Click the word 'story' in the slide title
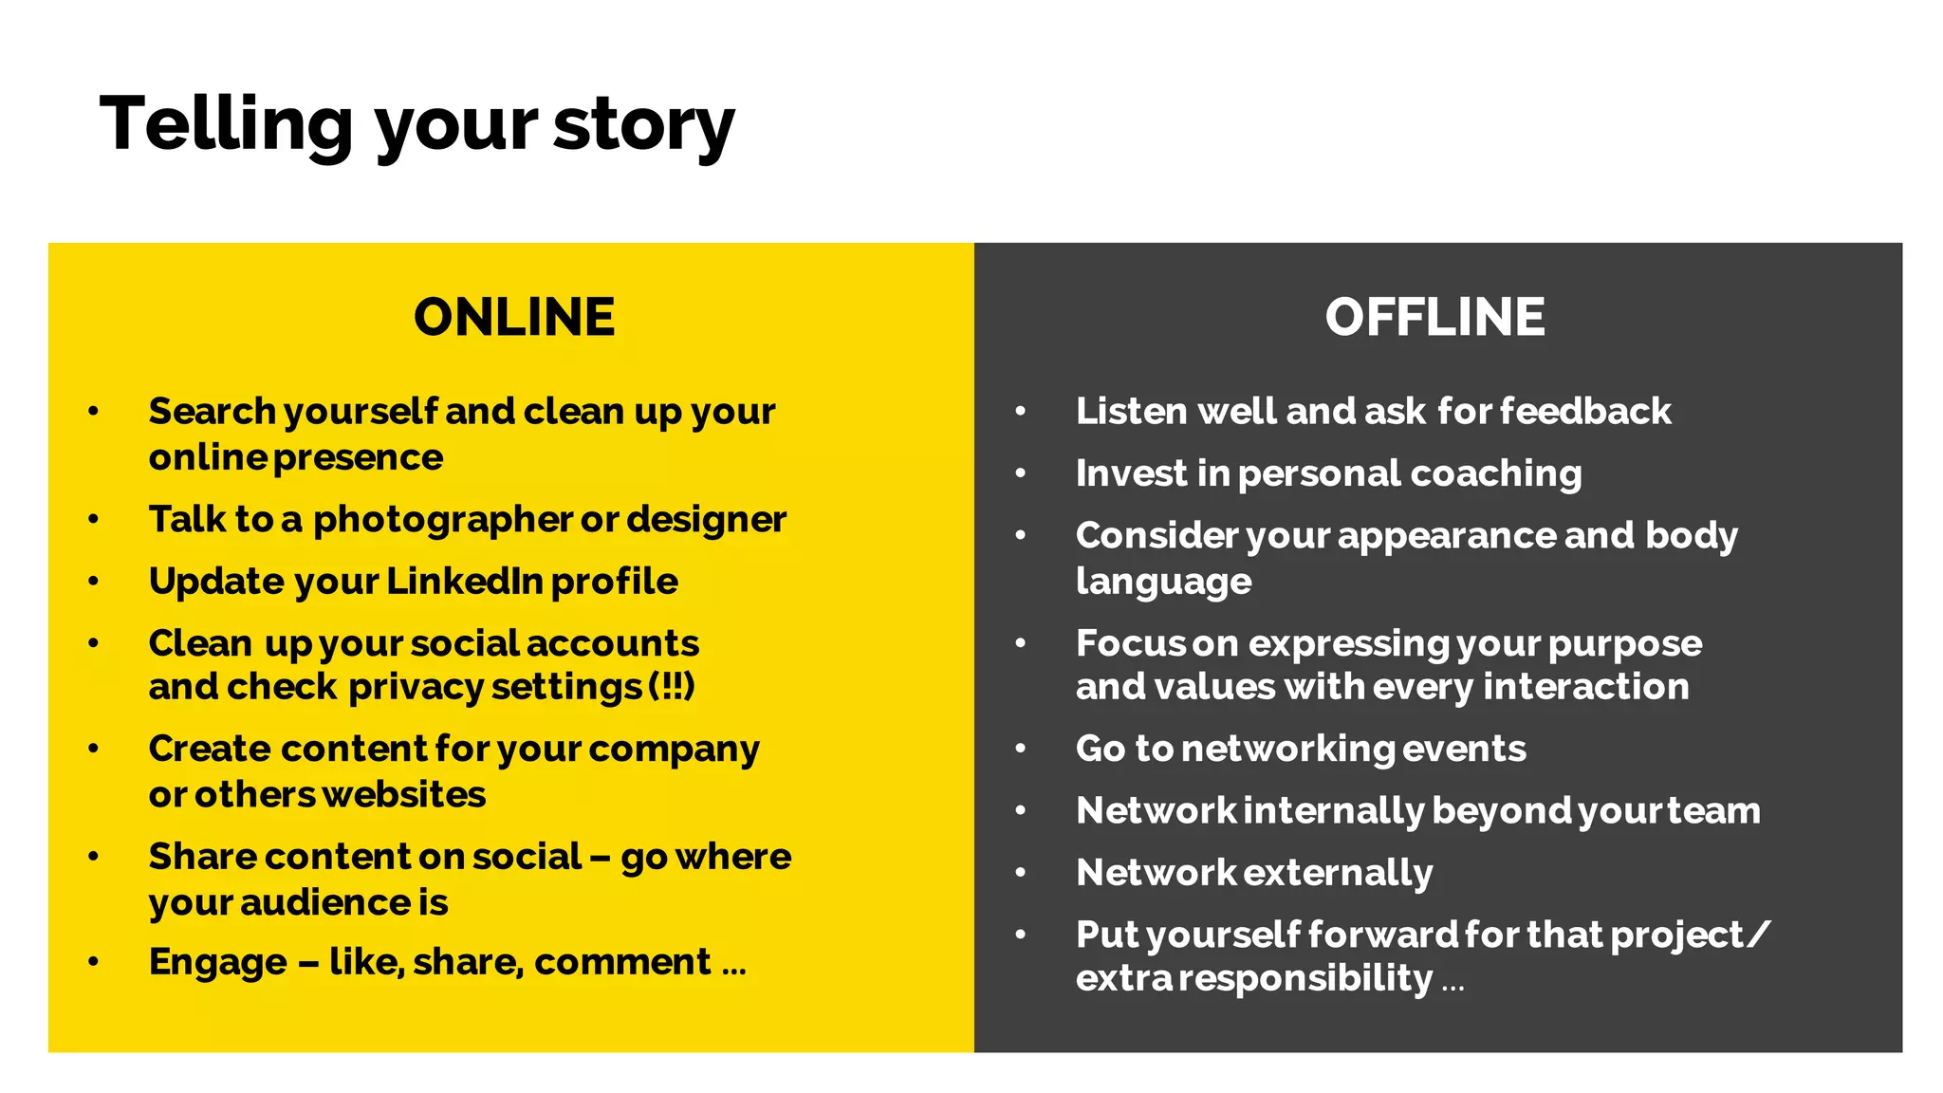[643, 125]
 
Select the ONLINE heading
[514, 317]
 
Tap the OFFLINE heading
[1434, 317]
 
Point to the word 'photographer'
[442, 520]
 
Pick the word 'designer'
[706, 520]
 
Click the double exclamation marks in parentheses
[672, 686]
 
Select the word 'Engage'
[217, 962]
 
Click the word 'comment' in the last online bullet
[622, 962]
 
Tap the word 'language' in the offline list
[1163, 581]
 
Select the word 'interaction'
[1585, 686]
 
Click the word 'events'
[1464, 749]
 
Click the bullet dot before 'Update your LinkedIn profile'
[93, 581]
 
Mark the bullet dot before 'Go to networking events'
[1021, 749]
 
